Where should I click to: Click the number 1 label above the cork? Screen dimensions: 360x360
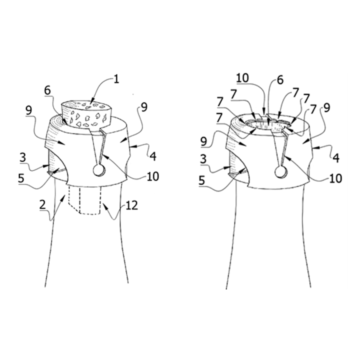[116, 79]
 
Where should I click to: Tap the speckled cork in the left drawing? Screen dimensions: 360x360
[86, 114]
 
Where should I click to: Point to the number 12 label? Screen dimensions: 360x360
[132, 205]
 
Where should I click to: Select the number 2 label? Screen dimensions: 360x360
[42, 205]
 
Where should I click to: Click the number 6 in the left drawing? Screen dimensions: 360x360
[47, 91]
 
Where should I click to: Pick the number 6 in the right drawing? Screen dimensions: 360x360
[280, 80]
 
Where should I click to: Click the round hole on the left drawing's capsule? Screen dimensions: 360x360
[99, 171]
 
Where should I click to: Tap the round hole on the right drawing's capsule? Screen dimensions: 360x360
[280, 172]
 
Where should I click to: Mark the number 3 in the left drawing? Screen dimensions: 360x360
[22, 158]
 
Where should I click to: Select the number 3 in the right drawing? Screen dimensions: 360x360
[203, 159]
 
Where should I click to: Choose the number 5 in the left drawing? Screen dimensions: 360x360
[21, 178]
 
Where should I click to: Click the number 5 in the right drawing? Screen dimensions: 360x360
[202, 180]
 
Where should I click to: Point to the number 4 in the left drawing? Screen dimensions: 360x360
[153, 156]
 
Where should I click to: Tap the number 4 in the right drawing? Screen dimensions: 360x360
[336, 158]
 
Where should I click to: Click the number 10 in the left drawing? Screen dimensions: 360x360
[152, 176]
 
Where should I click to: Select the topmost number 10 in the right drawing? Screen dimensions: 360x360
[242, 78]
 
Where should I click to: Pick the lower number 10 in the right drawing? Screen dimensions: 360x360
[335, 178]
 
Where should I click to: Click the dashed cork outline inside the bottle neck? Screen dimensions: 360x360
[85, 200]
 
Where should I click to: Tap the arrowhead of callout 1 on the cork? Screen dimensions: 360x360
[92, 101]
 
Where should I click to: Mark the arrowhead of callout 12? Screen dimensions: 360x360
[104, 205]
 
